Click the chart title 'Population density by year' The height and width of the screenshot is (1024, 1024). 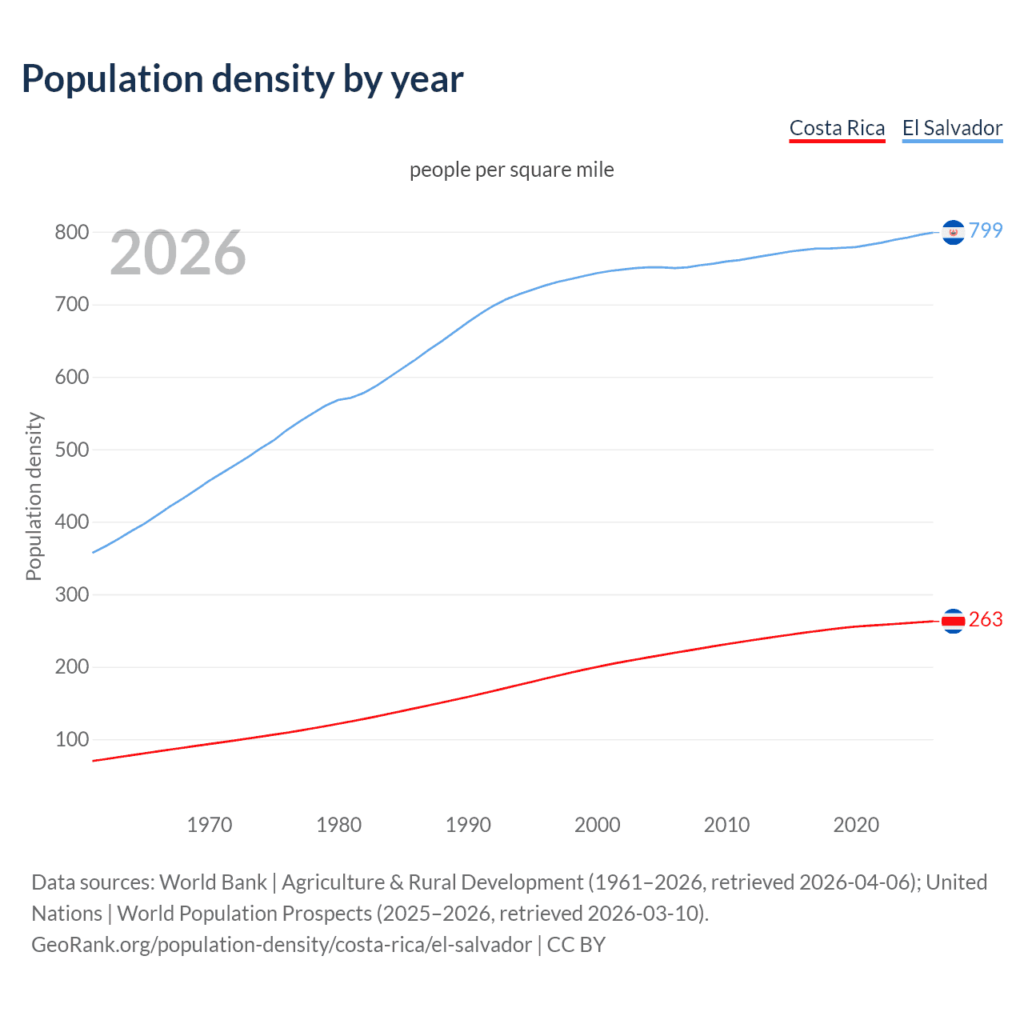tap(242, 79)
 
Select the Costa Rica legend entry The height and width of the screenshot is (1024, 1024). tap(837, 128)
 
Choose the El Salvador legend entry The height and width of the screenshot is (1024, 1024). tap(952, 128)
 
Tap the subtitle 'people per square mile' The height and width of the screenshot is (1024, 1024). tap(512, 170)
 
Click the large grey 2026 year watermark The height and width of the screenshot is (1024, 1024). tap(178, 253)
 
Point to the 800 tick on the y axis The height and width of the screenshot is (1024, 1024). tap(71, 233)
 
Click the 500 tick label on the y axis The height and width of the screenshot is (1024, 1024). tap(71, 450)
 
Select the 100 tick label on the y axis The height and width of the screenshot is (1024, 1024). tap(71, 739)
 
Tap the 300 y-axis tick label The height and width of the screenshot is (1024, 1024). tap(71, 594)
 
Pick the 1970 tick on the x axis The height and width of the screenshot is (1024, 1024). tap(210, 824)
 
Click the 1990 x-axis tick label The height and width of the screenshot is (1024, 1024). tap(468, 824)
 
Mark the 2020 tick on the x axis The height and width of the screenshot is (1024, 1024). tap(856, 824)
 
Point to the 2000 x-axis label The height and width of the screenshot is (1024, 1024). tap(598, 824)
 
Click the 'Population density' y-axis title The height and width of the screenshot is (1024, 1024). tap(34, 496)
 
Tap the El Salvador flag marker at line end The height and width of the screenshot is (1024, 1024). tap(953, 232)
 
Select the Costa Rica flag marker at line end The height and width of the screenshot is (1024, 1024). tap(953, 621)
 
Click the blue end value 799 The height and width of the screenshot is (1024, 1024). tap(986, 230)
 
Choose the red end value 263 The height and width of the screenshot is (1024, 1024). tap(986, 620)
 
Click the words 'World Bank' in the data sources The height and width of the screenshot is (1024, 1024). tap(213, 882)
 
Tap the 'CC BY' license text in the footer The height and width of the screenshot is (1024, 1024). tap(576, 945)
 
